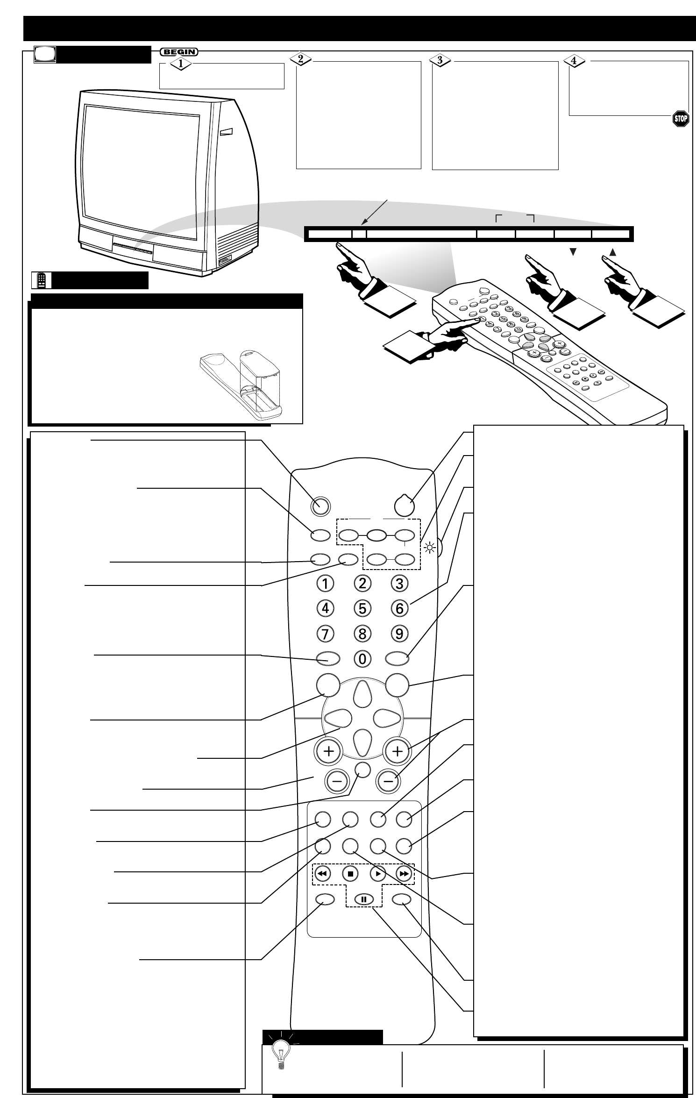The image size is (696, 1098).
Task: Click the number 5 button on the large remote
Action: point(362,608)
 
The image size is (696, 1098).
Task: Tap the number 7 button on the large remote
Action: point(325,634)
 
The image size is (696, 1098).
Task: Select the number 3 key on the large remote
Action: point(399,583)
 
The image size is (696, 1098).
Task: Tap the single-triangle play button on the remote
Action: point(377,873)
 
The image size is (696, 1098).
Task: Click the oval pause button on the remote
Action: point(363,899)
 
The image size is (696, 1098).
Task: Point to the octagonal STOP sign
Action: point(680,118)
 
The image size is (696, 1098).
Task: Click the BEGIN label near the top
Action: point(179,52)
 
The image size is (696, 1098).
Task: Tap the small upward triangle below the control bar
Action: point(612,252)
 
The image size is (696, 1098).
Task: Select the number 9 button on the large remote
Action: point(399,634)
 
